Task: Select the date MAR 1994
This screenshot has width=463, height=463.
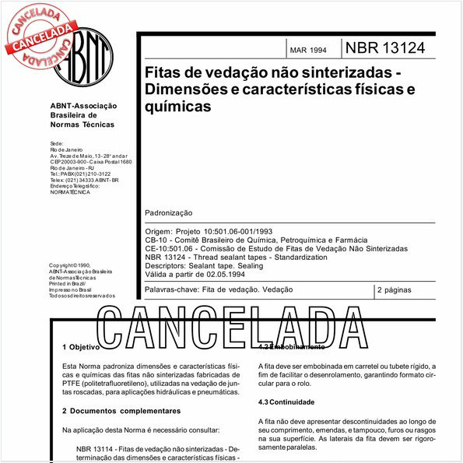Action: click(x=308, y=51)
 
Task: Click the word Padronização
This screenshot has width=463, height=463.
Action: click(x=169, y=212)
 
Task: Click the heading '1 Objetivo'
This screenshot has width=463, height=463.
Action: click(x=80, y=346)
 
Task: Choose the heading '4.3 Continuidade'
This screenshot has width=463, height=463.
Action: click(x=286, y=402)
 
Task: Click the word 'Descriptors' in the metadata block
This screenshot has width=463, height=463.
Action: click(x=168, y=265)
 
